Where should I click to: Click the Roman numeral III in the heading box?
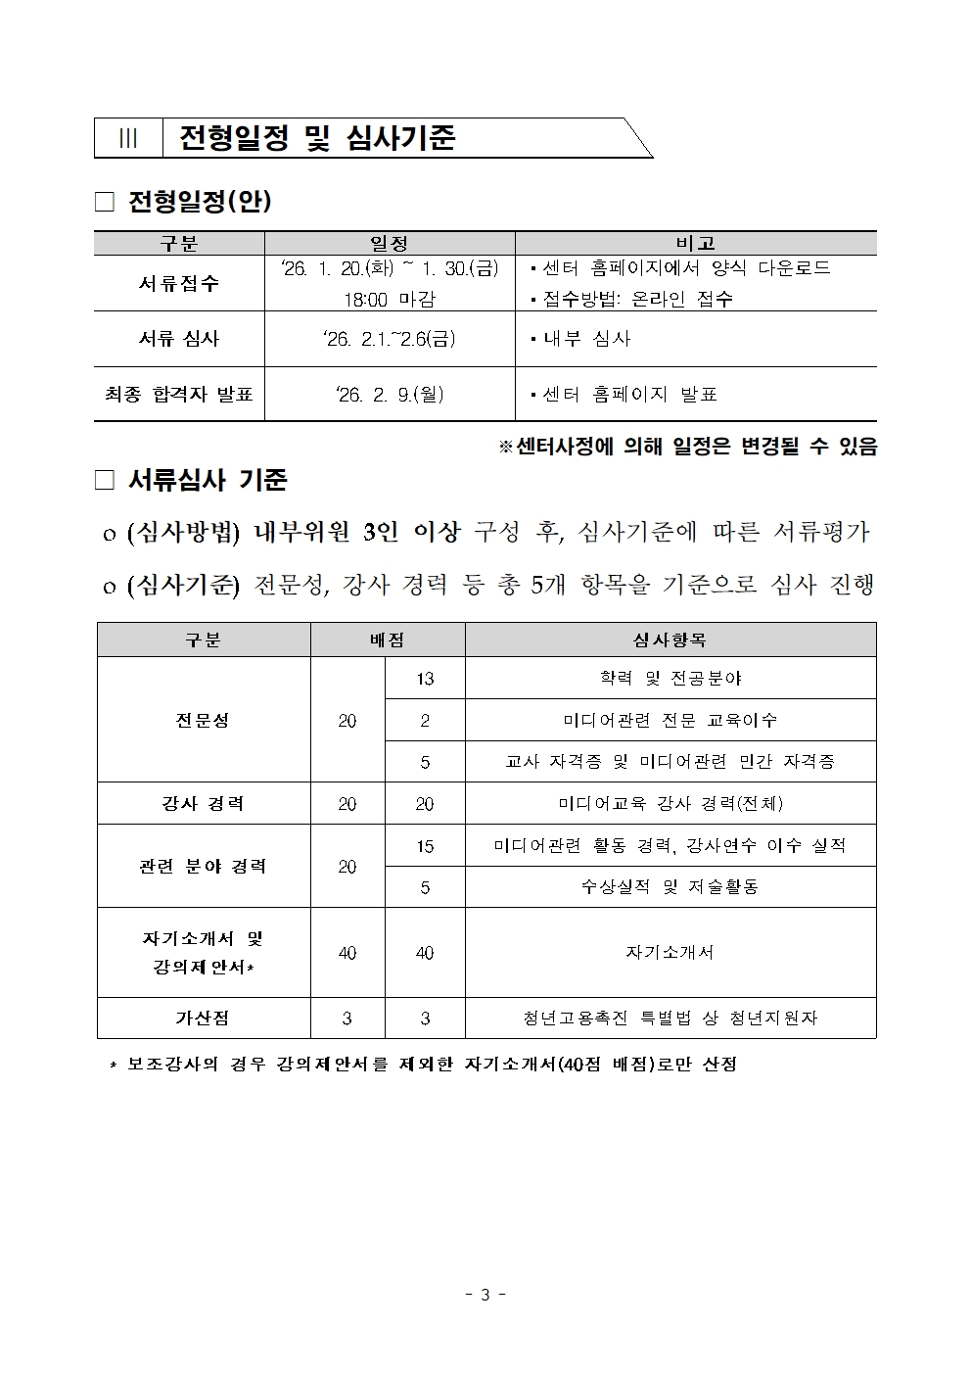(128, 139)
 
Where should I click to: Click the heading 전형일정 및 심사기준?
(317, 138)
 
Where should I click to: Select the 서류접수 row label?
(178, 284)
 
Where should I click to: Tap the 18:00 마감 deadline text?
(389, 299)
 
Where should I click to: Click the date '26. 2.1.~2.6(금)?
(389, 339)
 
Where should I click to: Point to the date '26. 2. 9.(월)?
(389, 394)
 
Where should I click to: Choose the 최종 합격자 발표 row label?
(178, 394)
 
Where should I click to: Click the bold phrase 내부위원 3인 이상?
(356, 532)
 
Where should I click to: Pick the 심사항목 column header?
(670, 640)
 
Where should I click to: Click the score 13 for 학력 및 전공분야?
(425, 678)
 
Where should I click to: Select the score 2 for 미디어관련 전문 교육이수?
(425, 720)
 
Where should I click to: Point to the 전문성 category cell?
(203, 720)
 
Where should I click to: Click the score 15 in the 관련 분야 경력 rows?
(425, 845)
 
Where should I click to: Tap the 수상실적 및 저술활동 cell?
(670, 887)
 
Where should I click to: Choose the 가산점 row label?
(203, 1018)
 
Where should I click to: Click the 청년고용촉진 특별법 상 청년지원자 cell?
(670, 1018)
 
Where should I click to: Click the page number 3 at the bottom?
(485, 1295)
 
